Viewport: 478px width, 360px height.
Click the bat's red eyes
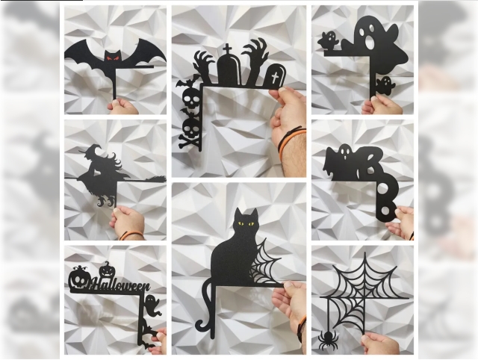pos(112,58)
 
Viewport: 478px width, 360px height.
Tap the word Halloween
pos(119,285)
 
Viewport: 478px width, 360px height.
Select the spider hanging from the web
pos(327,340)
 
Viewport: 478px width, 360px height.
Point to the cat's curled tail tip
pos(200,325)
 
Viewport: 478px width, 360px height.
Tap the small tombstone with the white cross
pos(276,75)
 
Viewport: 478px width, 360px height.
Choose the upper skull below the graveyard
pos(191,98)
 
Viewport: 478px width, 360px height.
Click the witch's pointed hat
pos(90,149)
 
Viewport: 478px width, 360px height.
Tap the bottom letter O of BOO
pos(385,210)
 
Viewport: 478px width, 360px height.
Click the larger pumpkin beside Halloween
pos(78,279)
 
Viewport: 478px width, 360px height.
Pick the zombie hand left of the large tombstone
pos(204,66)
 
